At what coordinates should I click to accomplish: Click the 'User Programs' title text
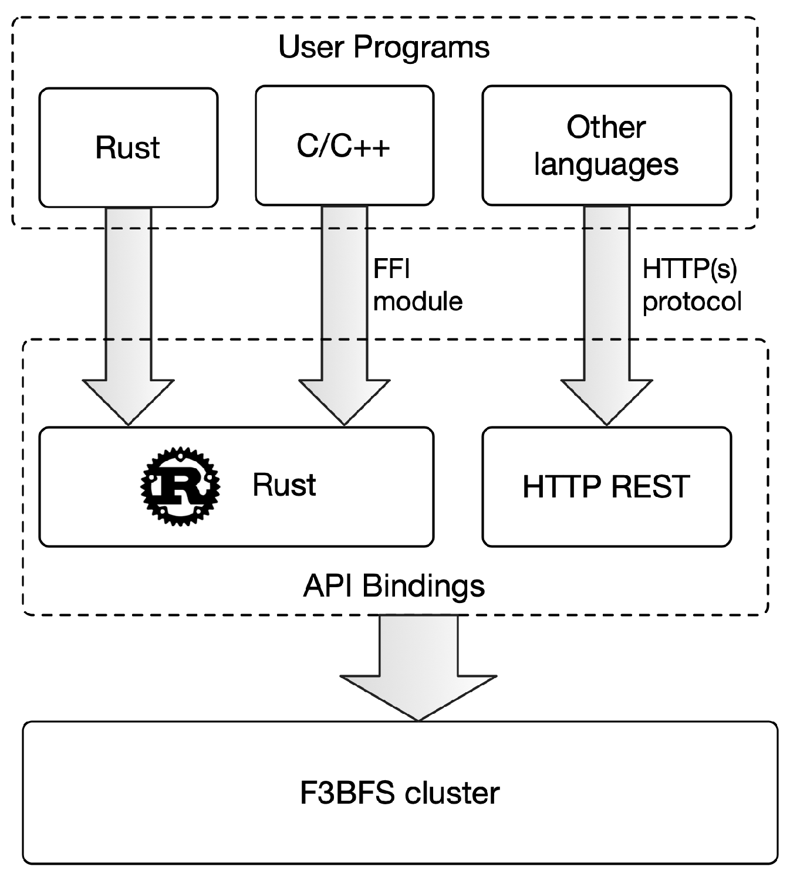(383, 47)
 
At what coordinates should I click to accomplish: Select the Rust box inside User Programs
(128, 147)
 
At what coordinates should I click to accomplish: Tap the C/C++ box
(344, 146)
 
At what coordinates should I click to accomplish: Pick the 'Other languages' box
(606, 145)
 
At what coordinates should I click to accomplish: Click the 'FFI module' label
(417, 285)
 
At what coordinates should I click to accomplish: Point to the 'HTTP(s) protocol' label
(691, 285)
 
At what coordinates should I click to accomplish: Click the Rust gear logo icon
(180, 486)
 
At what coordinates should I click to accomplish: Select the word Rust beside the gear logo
(284, 485)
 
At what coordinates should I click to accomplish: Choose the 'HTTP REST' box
(606, 487)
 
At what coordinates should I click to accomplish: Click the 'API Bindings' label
(394, 586)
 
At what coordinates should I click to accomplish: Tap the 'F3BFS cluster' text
(399, 793)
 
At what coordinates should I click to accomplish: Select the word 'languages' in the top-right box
(606, 164)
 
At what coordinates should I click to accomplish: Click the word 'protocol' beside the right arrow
(691, 302)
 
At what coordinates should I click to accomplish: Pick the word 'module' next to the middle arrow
(417, 302)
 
